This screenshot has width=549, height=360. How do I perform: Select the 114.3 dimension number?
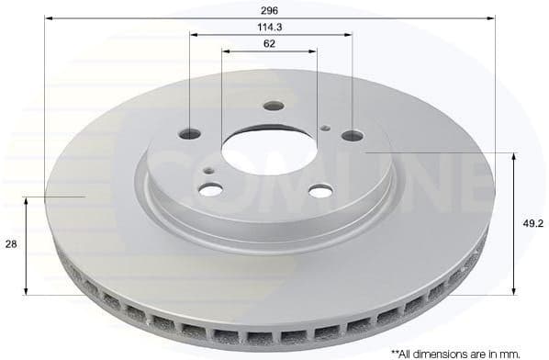[270, 27]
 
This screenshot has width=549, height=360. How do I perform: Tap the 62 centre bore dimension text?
[270, 43]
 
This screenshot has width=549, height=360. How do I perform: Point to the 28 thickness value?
[11, 244]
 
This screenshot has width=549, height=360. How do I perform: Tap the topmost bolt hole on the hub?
[273, 106]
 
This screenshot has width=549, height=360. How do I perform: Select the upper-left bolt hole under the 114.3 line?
[190, 133]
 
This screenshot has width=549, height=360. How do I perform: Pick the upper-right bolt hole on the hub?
[353, 136]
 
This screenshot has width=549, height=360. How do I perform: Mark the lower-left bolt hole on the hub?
[211, 189]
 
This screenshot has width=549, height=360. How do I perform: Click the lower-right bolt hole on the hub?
[320, 191]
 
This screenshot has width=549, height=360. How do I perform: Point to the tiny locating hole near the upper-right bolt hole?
[326, 128]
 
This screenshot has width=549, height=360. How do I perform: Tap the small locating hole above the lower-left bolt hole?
[210, 169]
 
